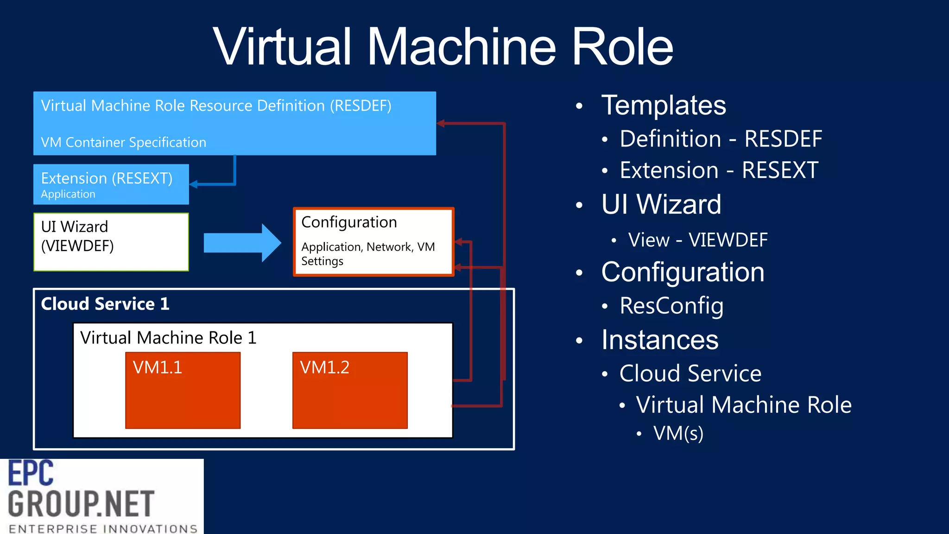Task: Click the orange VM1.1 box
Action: click(183, 390)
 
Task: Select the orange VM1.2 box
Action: click(350, 390)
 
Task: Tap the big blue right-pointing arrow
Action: click(242, 243)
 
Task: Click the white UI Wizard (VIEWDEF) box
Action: click(111, 242)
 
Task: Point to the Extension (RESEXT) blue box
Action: click(111, 184)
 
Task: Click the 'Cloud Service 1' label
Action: click(105, 304)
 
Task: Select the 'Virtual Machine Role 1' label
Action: click(168, 337)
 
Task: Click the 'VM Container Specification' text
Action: click(123, 142)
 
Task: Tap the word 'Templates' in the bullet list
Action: click(663, 105)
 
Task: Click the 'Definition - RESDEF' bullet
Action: click(721, 139)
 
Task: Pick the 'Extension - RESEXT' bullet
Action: click(719, 170)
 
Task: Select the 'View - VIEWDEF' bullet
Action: click(697, 240)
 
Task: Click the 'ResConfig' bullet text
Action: click(671, 306)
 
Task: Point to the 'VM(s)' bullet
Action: click(678, 433)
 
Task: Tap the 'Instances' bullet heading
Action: click(659, 340)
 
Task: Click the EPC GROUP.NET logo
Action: click(101, 496)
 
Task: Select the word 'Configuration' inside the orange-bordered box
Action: click(349, 222)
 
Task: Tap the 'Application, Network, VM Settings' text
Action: click(368, 254)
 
